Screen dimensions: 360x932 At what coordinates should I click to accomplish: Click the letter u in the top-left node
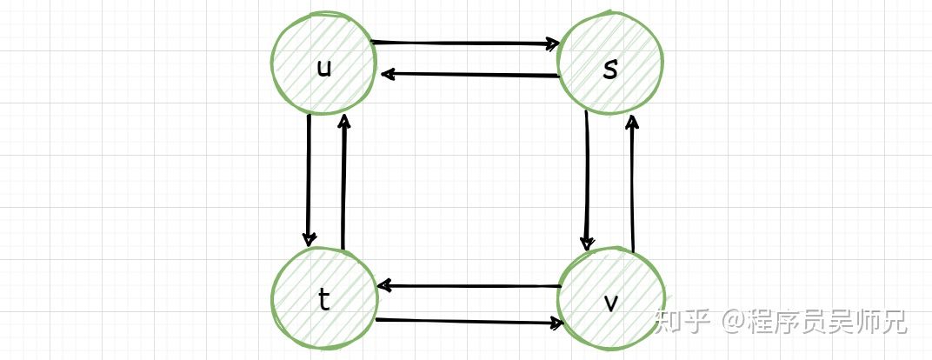tap(323, 69)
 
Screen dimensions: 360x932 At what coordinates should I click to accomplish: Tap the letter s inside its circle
tap(610, 70)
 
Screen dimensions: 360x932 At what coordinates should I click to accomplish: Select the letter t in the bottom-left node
tap(323, 299)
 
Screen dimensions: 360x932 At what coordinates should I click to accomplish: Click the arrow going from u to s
tap(465, 42)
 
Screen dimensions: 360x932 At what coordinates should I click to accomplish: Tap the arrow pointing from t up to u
tap(344, 183)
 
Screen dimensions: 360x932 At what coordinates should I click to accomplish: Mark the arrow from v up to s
tap(633, 183)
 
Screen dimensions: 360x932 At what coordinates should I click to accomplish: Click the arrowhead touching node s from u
tap(551, 43)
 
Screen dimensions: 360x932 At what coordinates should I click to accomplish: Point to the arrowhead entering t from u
tap(309, 239)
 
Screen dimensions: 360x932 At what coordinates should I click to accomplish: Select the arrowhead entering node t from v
tap(383, 286)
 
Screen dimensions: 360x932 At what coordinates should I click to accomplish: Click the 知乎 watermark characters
tap(677, 322)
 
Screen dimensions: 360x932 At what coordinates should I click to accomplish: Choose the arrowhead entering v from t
tap(556, 323)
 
